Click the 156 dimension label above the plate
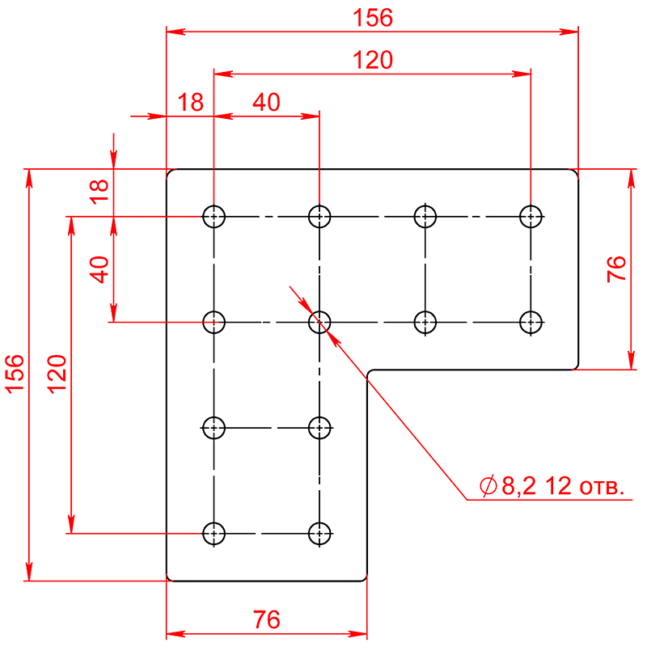(373, 18)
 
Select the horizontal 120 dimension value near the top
(373, 60)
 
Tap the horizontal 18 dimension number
(191, 102)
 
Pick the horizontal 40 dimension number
(267, 102)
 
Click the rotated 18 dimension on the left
(99, 192)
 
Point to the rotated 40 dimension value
(99, 269)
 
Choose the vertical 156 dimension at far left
(15, 374)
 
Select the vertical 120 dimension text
(57, 374)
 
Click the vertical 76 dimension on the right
(616, 269)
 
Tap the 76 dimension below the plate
(267, 620)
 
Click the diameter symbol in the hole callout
(488, 486)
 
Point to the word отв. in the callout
(602, 488)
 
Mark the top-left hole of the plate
(214, 216)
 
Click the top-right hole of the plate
(531, 216)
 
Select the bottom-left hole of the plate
(214, 534)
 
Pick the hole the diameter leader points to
(319, 322)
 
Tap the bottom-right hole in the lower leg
(319, 534)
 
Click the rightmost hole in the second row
(531, 322)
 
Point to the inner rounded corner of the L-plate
(370, 372)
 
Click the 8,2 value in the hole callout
(518, 486)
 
